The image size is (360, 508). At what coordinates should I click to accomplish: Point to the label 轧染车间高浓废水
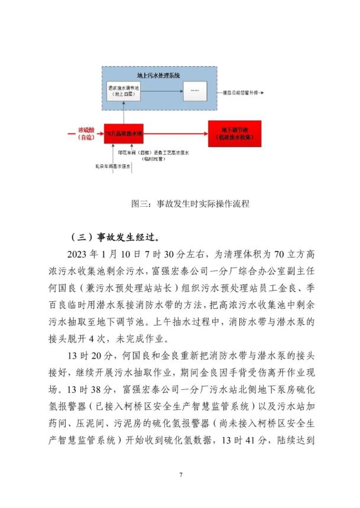point(108,167)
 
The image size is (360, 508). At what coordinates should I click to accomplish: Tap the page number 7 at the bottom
point(180,474)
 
